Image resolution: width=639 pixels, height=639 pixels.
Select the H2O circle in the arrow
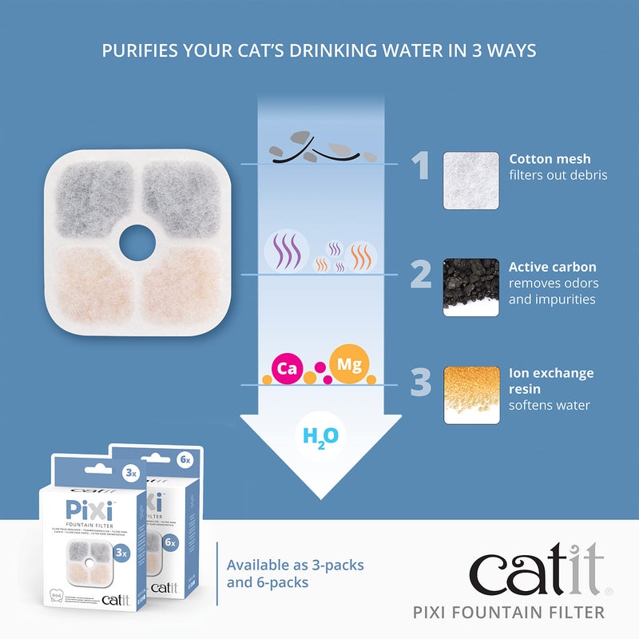321,436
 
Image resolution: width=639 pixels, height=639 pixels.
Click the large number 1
420,165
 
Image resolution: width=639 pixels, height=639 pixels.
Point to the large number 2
420,274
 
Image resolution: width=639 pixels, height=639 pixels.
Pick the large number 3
420,382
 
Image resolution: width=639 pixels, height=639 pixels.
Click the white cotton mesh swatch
471,181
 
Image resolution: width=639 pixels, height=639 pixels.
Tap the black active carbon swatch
471,288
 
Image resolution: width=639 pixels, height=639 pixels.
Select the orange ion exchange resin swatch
471,395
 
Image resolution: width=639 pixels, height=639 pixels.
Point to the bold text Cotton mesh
550,159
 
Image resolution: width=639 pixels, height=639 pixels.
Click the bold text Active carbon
553,267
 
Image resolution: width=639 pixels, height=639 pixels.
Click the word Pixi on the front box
85,509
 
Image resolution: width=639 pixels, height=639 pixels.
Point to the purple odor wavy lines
284,251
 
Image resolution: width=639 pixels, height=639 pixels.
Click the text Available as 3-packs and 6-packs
295,574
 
